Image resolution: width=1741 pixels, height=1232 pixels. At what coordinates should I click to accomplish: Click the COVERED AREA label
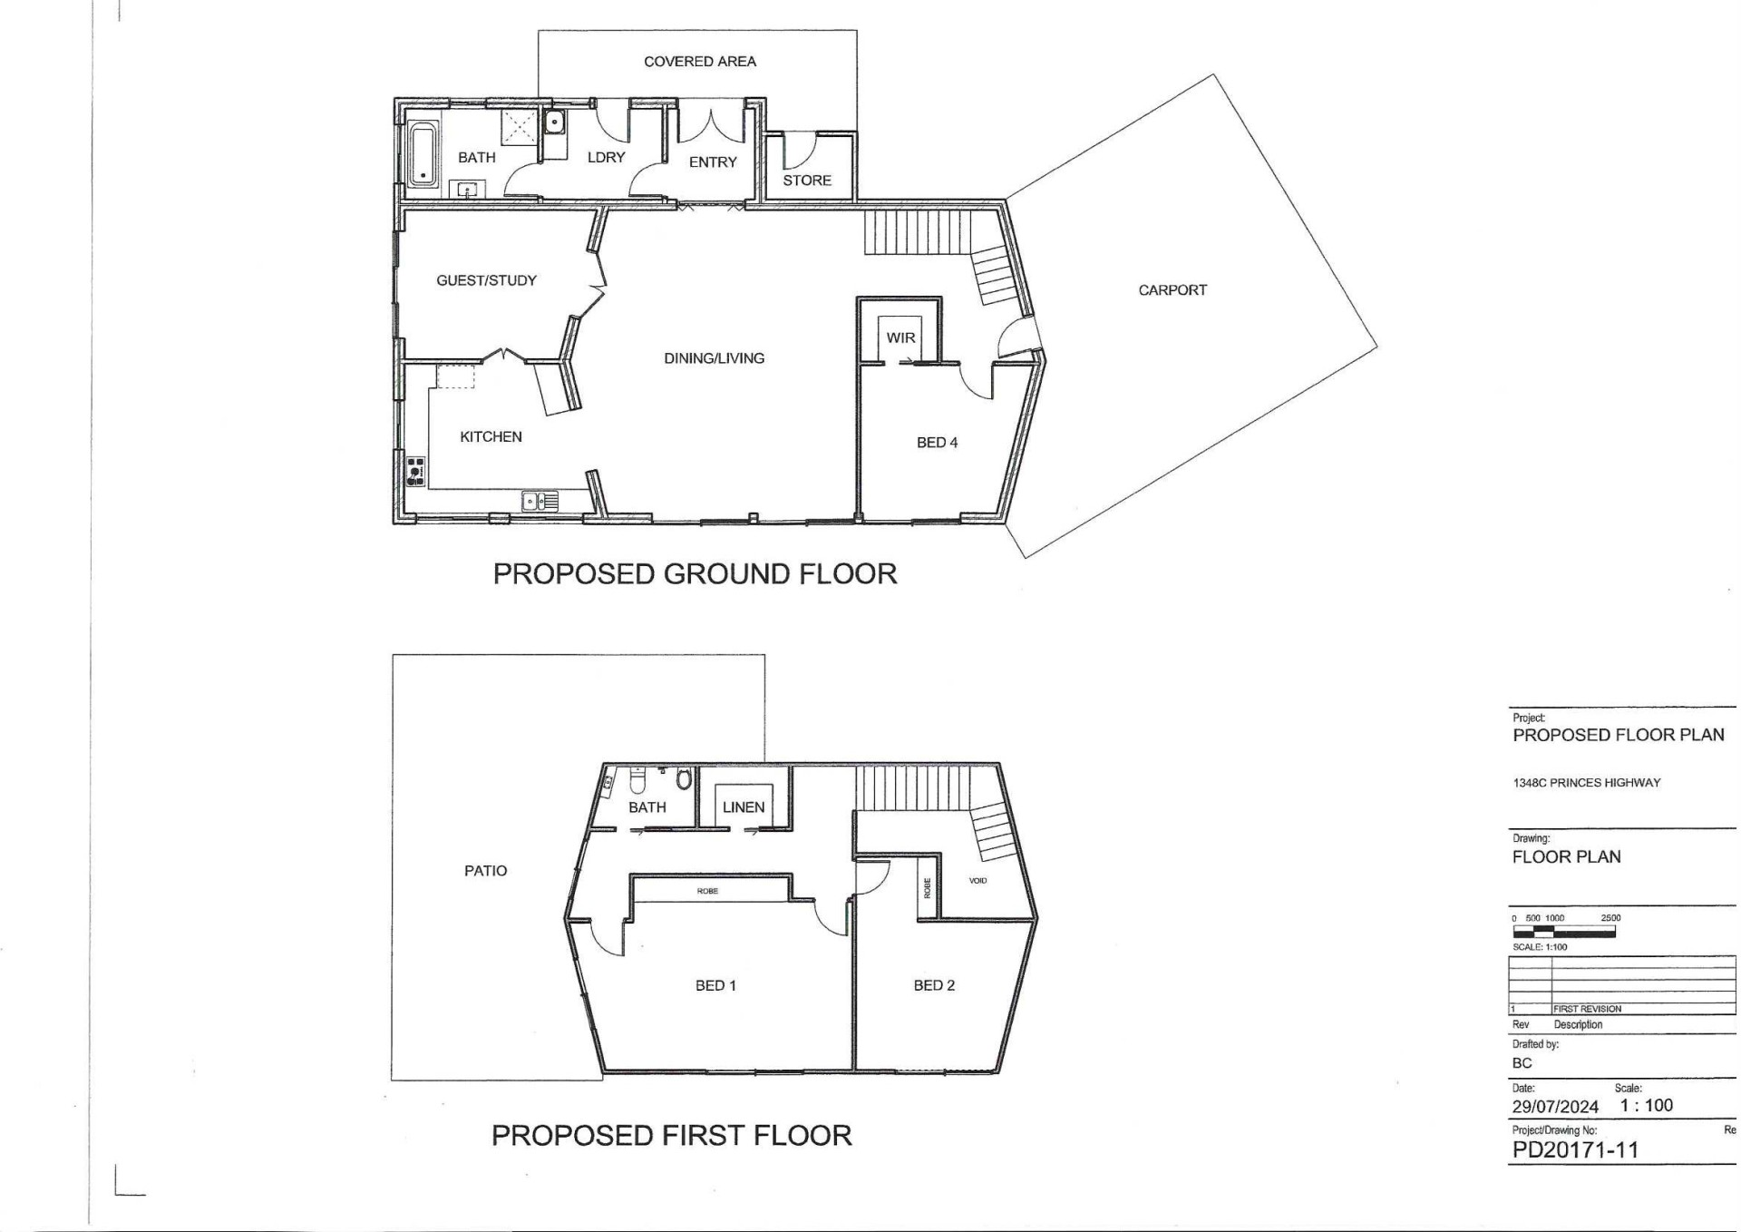(699, 62)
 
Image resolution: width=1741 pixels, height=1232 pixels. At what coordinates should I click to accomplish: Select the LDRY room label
(606, 158)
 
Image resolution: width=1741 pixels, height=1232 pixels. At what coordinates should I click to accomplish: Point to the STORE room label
(807, 181)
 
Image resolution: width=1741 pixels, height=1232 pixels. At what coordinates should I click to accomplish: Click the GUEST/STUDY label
(487, 280)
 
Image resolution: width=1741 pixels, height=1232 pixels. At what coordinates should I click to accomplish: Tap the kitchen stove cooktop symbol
(415, 471)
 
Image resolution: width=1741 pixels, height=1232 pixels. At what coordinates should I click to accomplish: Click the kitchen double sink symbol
(540, 500)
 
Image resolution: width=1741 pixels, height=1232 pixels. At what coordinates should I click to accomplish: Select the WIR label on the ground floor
(900, 337)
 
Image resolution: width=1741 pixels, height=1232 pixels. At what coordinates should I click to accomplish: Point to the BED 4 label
(937, 443)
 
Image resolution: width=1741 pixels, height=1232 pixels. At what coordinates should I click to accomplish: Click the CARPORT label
(1172, 290)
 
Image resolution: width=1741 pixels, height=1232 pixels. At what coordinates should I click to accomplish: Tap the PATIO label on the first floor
(485, 871)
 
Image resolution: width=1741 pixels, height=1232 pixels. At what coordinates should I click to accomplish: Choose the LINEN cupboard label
(744, 807)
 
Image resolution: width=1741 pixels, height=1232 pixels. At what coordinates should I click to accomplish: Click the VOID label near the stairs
(977, 881)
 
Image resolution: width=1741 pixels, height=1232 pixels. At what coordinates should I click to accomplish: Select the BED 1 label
(715, 985)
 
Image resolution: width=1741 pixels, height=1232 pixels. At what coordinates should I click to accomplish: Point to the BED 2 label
(934, 985)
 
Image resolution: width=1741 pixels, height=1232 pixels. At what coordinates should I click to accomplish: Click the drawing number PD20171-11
(1575, 1150)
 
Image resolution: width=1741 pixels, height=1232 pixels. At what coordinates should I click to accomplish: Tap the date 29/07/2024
(1555, 1107)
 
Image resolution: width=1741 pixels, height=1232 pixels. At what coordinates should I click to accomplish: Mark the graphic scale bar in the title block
(1564, 931)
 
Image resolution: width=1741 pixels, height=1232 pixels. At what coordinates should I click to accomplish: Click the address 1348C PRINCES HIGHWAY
(1586, 783)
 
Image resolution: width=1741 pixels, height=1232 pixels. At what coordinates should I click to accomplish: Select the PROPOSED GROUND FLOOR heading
(695, 573)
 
